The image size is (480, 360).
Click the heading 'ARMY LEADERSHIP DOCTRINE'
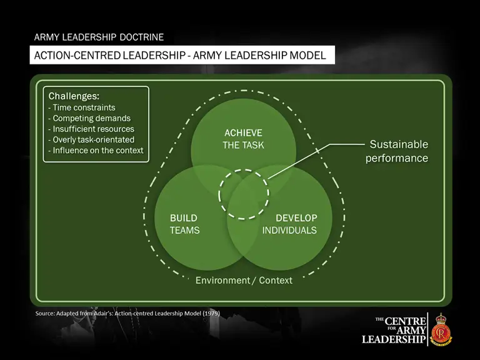pyautogui.click(x=99, y=37)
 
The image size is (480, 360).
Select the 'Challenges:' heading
pyautogui.click(x=74, y=96)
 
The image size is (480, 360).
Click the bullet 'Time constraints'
pyautogui.click(x=82, y=107)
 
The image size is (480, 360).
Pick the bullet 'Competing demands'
pyautogui.click(x=89, y=118)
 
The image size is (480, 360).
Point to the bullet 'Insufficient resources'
pyautogui.click(x=91, y=129)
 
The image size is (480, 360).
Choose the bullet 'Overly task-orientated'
pyautogui.click(x=91, y=139)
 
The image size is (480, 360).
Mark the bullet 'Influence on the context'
pyautogui.click(x=96, y=150)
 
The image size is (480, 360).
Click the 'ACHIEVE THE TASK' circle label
pyautogui.click(x=243, y=139)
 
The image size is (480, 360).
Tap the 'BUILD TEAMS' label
pyautogui.click(x=184, y=224)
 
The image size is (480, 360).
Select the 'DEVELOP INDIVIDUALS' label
pyautogui.click(x=289, y=224)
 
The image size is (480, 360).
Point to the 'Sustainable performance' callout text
pyautogui.click(x=397, y=151)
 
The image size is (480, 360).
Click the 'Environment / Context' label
pyautogui.click(x=244, y=280)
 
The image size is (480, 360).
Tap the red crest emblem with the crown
pyautogui.click(x=441, y=330)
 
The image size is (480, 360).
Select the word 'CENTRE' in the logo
pyautogui.click(x=405, y=321)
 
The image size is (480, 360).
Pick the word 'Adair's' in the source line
pyautogui.click(x=104, y=314)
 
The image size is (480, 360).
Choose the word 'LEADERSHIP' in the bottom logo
pyautogui.click(x=394, y=339)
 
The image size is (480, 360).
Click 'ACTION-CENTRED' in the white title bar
pyautogui.click(x=77, y=56)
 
